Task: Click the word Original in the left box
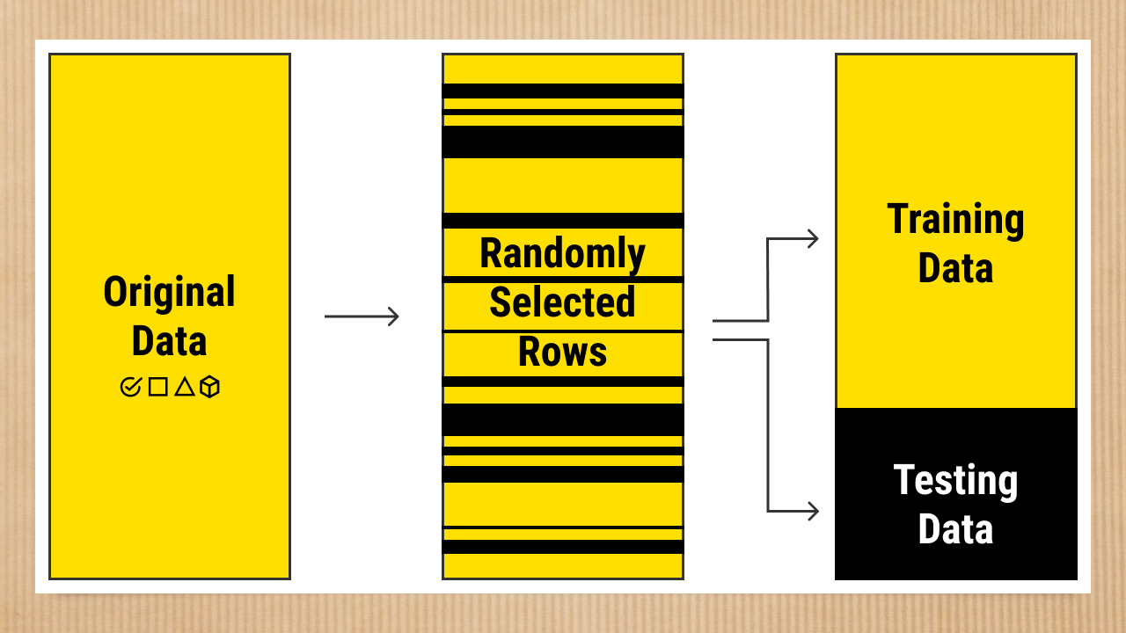(169, 292)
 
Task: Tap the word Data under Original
(169, 341)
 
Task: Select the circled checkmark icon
(130, 387)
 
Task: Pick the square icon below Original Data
(157, 387)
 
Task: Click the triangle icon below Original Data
(184, 386)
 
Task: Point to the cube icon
(209, 387)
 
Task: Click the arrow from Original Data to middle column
(362, 316)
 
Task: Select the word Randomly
(562, 253)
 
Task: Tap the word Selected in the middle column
(562, 302)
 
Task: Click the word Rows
(562, 352)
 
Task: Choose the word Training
(955, 219)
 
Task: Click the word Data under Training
(955, 268)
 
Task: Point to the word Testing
(955, 480)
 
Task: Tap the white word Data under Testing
(955, 529)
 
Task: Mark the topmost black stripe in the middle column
(562, 91)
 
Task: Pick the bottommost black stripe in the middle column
(562, 547)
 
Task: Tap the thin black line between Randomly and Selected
(562, 280)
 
